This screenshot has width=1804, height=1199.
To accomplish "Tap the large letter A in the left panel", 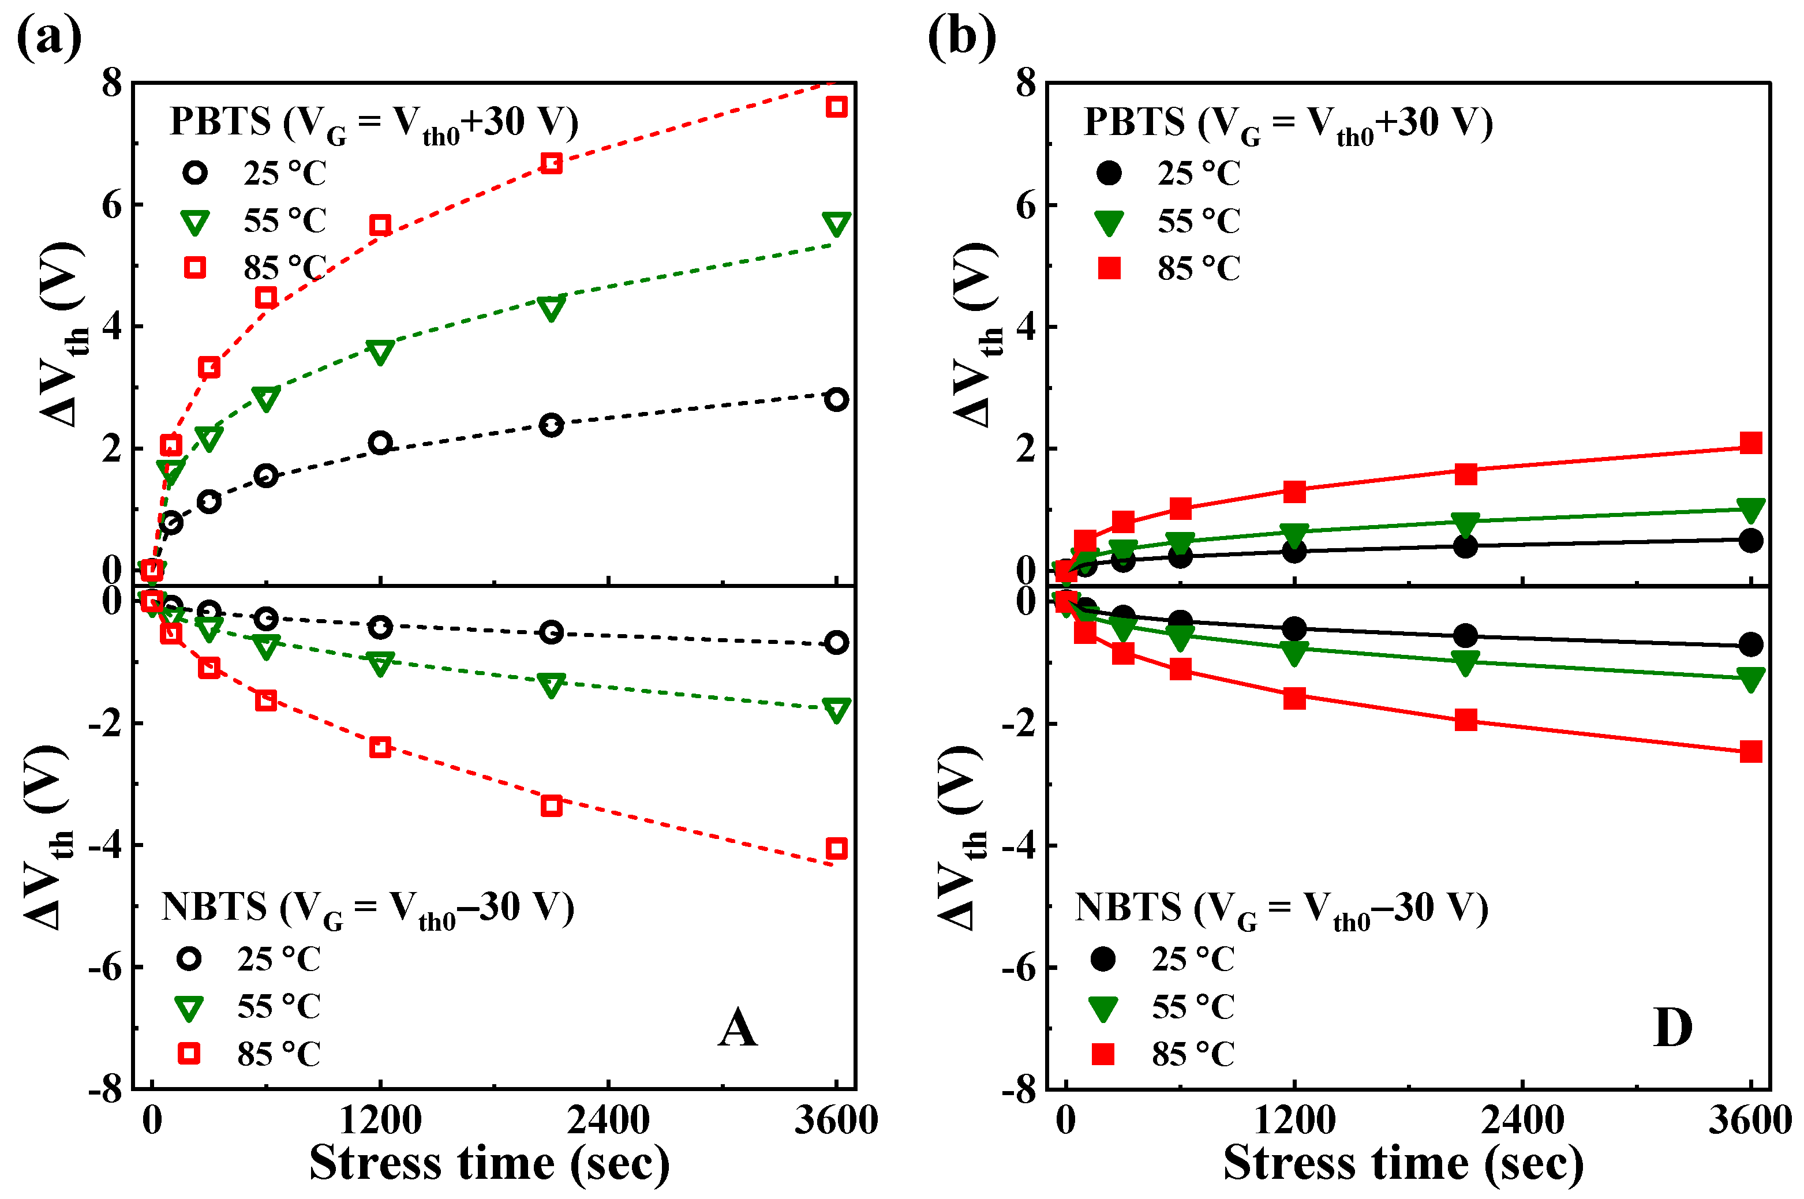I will (737, 1028).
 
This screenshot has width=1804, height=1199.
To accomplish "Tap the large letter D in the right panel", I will (1672, 1028).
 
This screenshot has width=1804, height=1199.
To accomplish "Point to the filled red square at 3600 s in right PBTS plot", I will (1750, 443).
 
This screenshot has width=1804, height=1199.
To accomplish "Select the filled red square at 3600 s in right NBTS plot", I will (1750, 752).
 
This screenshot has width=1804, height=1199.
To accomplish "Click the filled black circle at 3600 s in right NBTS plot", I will (1750, 645).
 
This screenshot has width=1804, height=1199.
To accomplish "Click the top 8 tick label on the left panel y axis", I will (113, 83).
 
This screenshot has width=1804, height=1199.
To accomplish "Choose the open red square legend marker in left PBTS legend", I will (195, 268).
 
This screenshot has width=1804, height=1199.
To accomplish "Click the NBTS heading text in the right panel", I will (1281, 908).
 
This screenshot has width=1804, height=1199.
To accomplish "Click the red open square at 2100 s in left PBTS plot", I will (551, 163).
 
